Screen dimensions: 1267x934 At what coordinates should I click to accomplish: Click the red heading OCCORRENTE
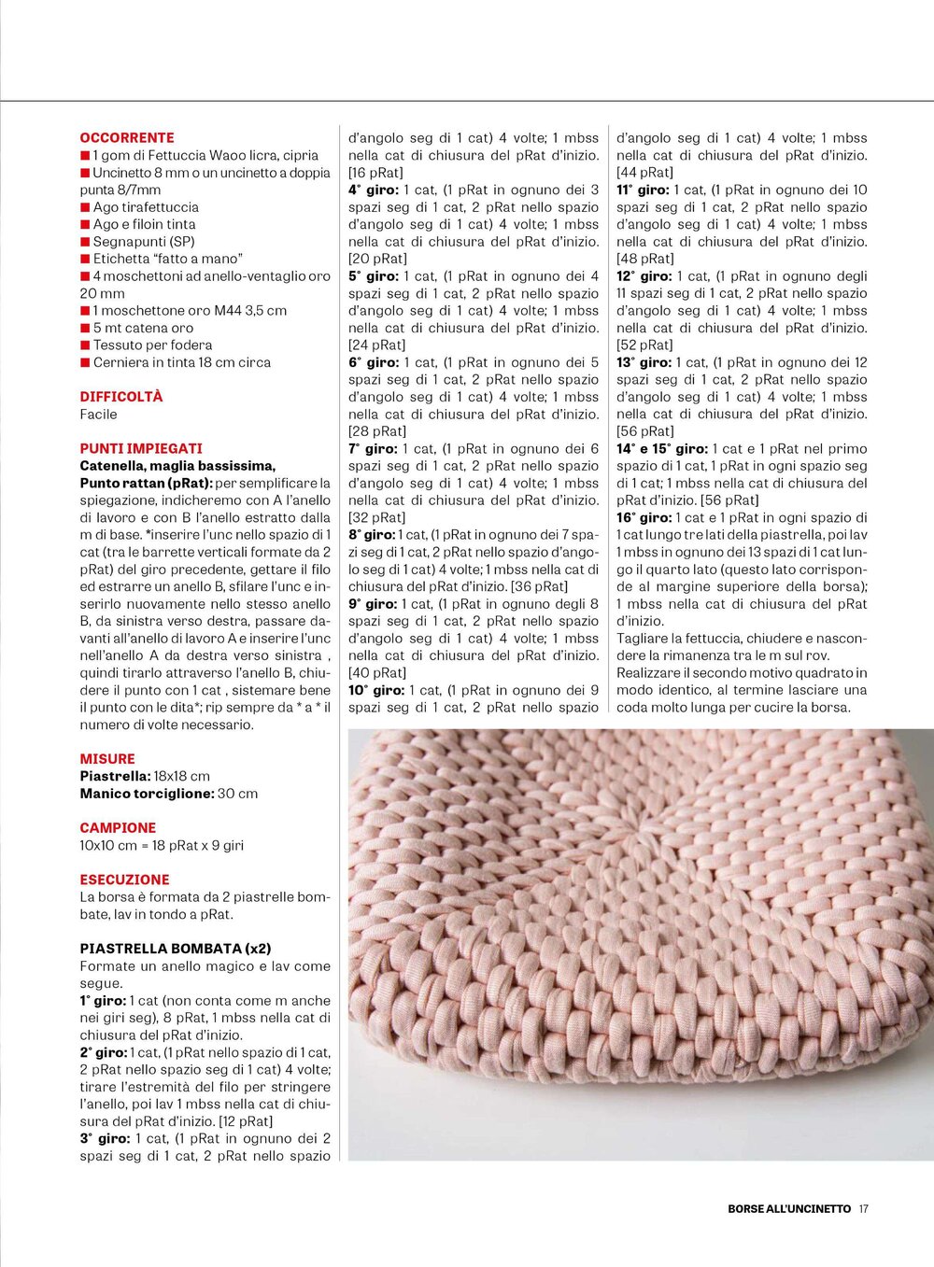(127, 137)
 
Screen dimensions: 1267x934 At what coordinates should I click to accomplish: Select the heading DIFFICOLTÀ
(121, 397)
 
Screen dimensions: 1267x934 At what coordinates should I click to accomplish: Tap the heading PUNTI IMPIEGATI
(141, 449)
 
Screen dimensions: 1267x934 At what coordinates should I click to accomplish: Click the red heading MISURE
(107, 759)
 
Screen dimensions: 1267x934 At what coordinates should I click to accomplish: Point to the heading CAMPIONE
(118, 828)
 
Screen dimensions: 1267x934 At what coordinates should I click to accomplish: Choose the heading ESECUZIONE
(124, 880)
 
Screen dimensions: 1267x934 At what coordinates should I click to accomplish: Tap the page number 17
(863, 1208)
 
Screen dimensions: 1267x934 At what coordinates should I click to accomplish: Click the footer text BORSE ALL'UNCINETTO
(789, 1208)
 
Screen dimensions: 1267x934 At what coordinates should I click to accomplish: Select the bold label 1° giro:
(103, 1001)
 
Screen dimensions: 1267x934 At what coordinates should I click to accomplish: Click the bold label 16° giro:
(644, 518)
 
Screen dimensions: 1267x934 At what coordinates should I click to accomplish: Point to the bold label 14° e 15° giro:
(662, 449)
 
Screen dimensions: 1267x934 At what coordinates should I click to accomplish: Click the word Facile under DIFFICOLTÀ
(98, 415)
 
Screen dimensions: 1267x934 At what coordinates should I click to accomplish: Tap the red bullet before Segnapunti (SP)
(85, 242)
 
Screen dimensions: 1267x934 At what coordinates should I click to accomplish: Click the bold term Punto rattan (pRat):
(146, 484)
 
